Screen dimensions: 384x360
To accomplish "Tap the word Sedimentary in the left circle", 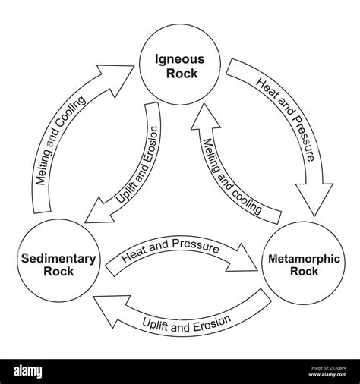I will coord(58,259).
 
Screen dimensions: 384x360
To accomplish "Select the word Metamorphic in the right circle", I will coord(305,259).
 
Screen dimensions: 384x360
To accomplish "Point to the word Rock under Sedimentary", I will coord(58,272).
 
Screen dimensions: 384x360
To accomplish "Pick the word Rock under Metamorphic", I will coord(305,272).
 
